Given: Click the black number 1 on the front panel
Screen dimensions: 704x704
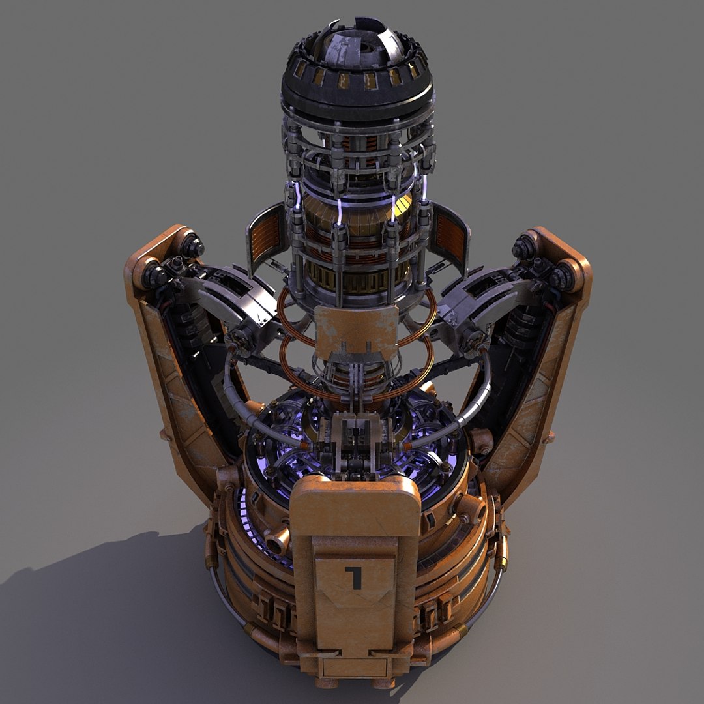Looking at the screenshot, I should pos(354,577).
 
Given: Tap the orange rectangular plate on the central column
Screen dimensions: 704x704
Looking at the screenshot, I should pos(356,330).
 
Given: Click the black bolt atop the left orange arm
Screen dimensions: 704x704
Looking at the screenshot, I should pos(192,246).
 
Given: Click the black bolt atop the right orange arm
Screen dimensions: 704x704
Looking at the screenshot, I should pos(523,248).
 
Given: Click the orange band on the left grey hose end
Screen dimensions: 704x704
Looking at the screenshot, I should pos(306,445).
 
